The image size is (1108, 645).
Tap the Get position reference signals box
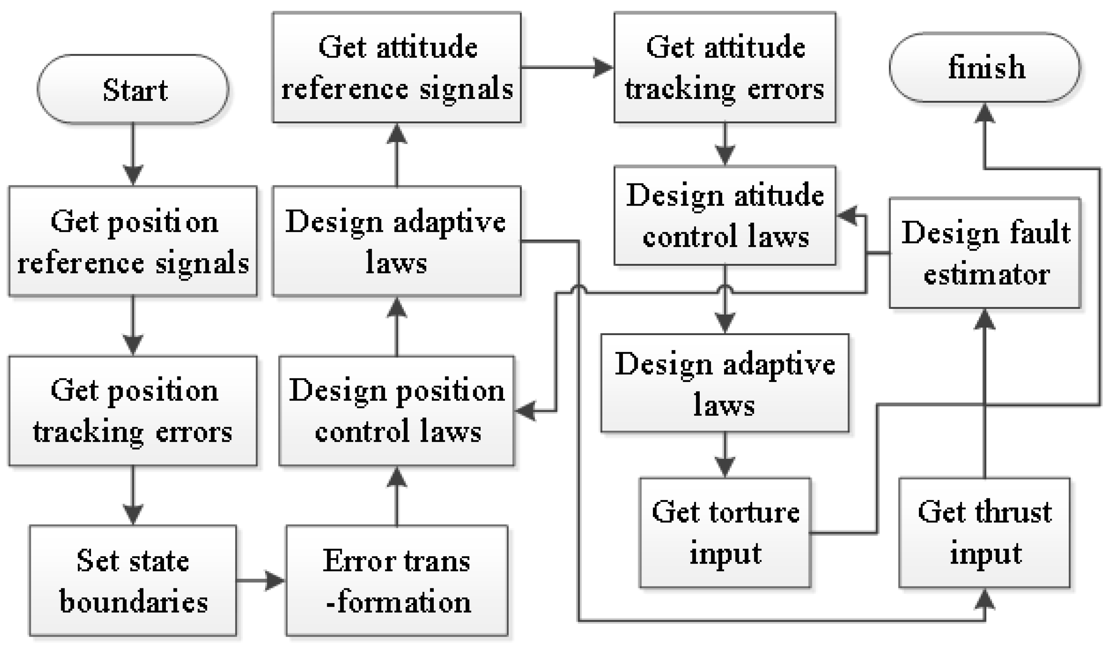(133, 241)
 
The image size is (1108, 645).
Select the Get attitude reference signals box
(396, 67)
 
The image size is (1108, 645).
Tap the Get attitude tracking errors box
(724, 67)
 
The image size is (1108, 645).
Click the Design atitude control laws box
(724, 216)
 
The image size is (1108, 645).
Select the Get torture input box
(724, 532)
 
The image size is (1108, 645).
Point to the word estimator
(987, 275)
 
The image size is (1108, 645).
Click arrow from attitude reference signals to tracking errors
(567, 67)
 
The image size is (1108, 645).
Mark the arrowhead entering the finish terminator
(985, 113)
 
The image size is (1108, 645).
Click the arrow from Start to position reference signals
(133, 154)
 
